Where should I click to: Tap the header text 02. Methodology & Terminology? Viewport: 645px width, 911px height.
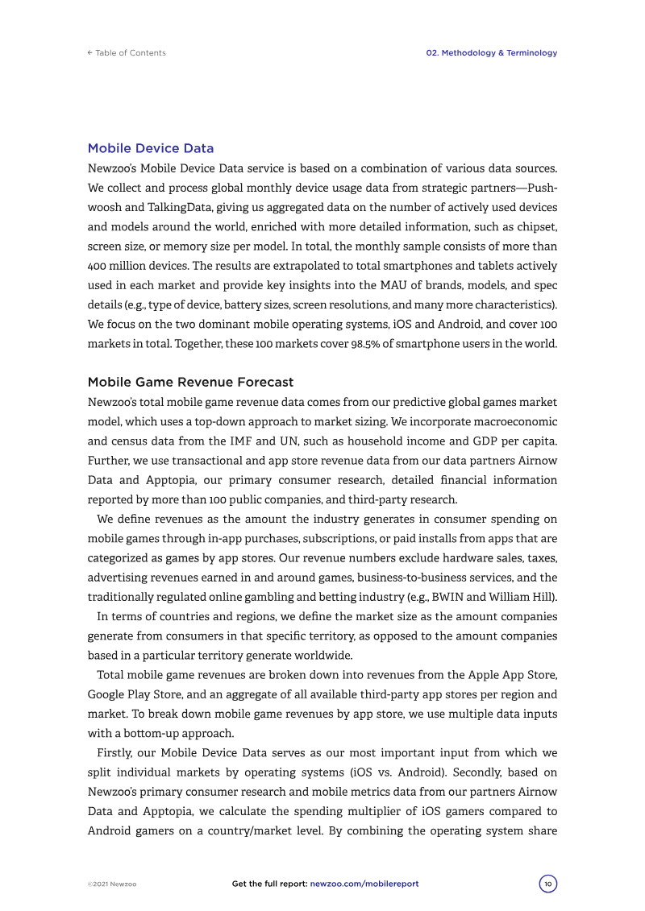[491, 53]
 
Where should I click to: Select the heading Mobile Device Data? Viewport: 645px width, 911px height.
[151, 148]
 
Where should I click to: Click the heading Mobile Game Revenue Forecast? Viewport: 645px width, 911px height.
[190, 382]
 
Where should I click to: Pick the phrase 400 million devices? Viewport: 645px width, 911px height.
[135, 266]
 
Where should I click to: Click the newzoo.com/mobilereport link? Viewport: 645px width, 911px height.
[364, 884]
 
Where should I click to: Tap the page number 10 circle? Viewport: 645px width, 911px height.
[548, 884]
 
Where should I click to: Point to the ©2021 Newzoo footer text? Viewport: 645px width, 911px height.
[112, 884]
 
